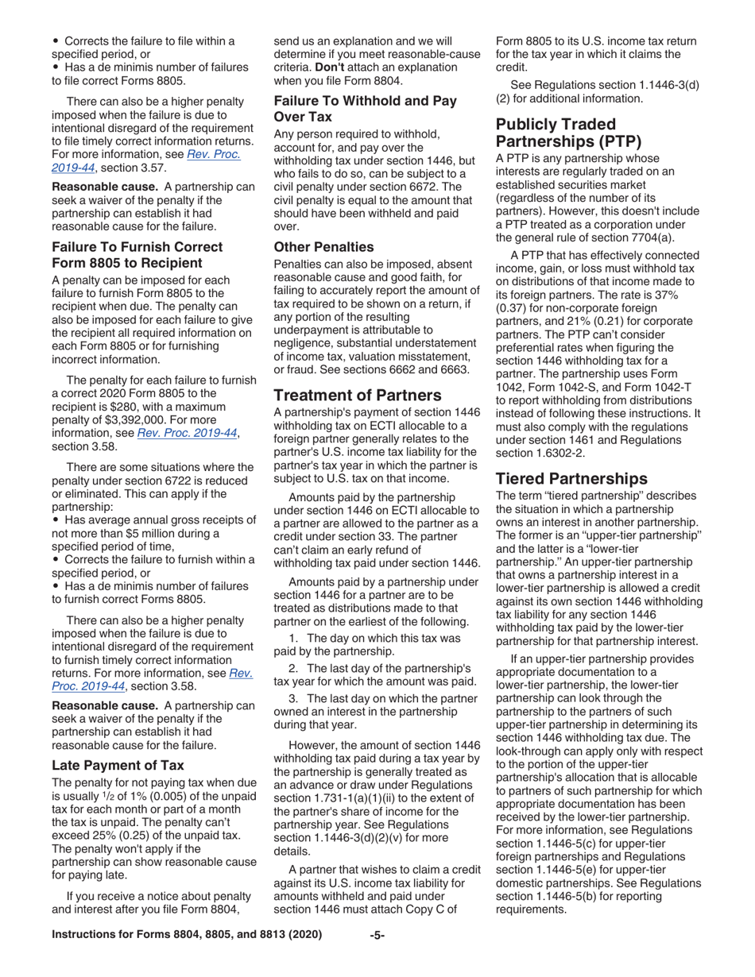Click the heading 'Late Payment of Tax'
pyautogui.click(x=118, y=765)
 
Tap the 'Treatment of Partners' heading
pyautogui.click(x=357, y=395)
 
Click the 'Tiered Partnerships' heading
pyautogui.click(x=571, y=478)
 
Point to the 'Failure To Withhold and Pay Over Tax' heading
pyautogui.click(x=365, y=108)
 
